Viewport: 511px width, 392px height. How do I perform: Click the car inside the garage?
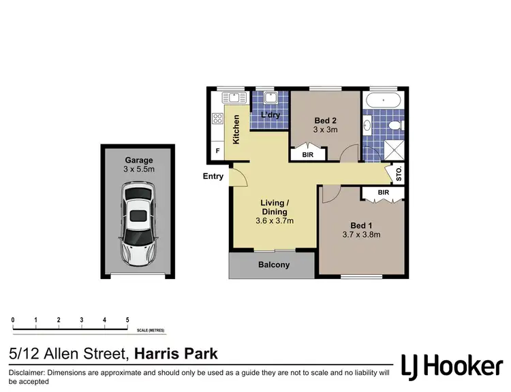[138, 223]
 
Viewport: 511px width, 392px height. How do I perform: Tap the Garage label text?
[138, 161]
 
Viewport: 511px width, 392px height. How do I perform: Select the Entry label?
[213, 176]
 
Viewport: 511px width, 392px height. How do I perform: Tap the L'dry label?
[270, 115]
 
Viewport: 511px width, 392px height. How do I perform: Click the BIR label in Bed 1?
[383, 193]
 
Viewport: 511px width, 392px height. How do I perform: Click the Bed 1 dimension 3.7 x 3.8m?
[361, 235]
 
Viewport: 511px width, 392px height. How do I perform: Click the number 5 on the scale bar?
[127, 319]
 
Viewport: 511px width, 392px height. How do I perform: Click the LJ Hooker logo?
[452, 367]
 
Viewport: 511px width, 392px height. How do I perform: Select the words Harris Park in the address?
[176, 354]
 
